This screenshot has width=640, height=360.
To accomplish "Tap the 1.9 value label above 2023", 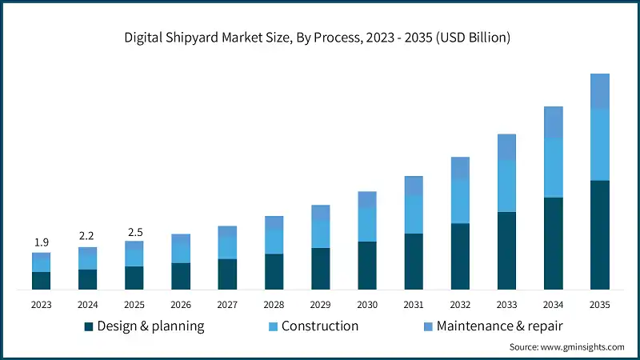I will (41, 242).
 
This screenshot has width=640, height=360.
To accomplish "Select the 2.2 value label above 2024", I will (87, 236).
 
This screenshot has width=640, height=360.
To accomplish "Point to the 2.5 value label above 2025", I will (134, 232).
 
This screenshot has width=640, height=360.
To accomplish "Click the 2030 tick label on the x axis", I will (366, 304).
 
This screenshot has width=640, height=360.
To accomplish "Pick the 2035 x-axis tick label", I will (599, 304).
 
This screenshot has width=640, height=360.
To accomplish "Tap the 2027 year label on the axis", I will (227, 304).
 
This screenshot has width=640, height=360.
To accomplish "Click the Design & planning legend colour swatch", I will (89, 326).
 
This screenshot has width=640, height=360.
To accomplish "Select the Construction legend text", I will (319, 326).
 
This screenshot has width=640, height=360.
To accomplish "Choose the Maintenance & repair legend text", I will (501, 326).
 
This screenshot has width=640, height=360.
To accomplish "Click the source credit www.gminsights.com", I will (566, 346).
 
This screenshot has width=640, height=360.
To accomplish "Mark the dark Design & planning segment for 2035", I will (599, 234).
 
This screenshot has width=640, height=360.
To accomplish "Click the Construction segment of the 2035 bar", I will (599, 144).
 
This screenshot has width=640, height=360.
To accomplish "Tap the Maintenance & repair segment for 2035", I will (599, 91).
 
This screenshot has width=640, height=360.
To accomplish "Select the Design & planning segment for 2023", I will (41, 280).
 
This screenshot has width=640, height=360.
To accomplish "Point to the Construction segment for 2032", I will (460, 201).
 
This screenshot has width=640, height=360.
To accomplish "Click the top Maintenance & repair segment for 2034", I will (553, 122).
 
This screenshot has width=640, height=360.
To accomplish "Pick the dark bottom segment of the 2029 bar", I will (320, 268).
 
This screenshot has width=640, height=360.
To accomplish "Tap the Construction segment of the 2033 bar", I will (506, 186).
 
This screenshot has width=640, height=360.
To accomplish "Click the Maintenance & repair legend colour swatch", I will (428, 326).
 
